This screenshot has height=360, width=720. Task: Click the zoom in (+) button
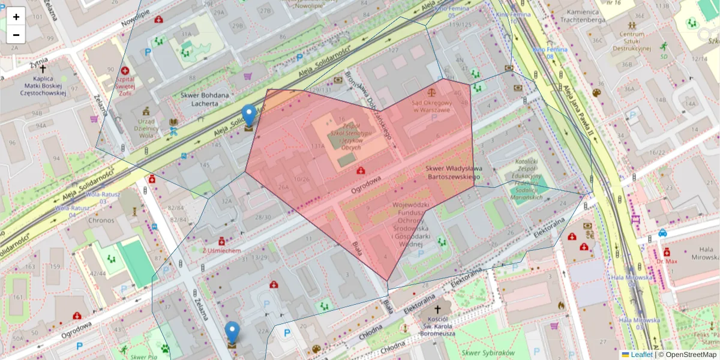point(16,17)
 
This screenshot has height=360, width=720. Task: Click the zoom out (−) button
point(16,35)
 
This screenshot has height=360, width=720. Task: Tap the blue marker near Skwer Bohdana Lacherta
point(248,116)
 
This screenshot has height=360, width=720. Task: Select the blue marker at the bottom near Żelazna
point(232,333)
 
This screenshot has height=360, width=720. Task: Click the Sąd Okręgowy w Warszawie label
point(431,106)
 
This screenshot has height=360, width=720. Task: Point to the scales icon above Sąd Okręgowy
point(431,93)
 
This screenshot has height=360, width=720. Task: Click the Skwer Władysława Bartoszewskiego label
point(454,173)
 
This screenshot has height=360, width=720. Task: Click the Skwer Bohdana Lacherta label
point(205,99)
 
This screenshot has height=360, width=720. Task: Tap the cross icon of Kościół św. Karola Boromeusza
point(437,309)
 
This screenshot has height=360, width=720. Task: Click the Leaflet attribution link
point(641,355)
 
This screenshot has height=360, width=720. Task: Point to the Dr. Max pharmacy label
point(666,262)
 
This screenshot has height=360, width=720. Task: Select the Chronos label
point(101,220)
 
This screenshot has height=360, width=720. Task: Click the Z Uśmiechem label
point(222,250)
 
